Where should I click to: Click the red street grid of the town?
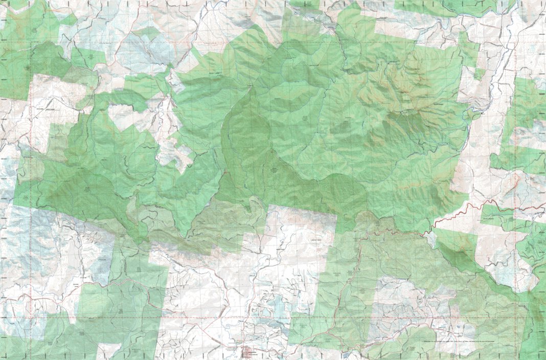pyautogui.click(x=248, y=352)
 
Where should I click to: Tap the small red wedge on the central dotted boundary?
pyautogui.click(x=225, y=172)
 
